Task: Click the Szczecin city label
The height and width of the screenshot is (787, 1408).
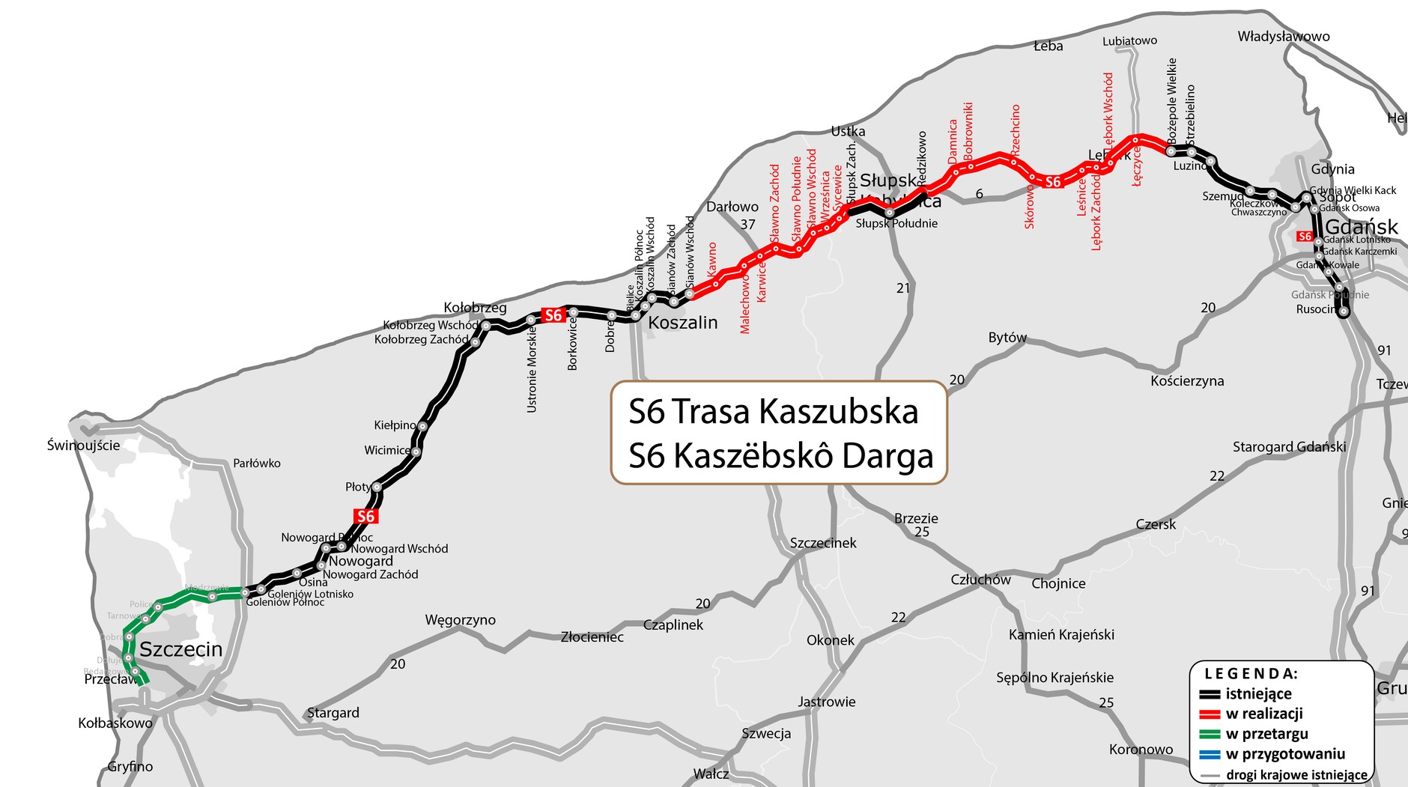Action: [x=181, y=649]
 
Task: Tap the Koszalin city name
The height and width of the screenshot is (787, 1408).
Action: [x=682, y=323]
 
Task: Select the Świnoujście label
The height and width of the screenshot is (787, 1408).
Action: [x=83, y=446]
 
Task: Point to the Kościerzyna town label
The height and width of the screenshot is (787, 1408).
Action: [x=1187, y=381]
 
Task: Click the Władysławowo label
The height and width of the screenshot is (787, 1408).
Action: [x=1284, y=37]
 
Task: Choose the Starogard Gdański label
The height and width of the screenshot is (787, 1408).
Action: [x=1289, y=447]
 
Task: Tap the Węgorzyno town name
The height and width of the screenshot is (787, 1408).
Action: [x=460, y=620]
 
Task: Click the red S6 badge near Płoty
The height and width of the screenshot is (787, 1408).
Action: [x=365, y=517]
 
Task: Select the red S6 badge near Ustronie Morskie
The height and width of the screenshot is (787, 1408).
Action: [x=553, y=315]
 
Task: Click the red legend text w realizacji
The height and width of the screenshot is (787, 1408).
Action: [x=1264, y=714]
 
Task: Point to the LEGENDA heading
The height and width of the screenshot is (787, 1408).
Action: [x=1251, y=674]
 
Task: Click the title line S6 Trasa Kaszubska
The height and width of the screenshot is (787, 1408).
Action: [x=773, y=411]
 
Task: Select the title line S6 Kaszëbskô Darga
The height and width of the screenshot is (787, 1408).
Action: [x=780, y=456]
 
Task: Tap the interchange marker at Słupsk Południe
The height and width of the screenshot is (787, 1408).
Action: [x=890, y=213]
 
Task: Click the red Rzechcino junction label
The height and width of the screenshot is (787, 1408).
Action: [x=1016, y=129]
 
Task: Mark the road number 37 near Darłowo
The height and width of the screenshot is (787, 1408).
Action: [x=747, y=224]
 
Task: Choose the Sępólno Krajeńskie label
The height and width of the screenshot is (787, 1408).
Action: [x=1055, y=678]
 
